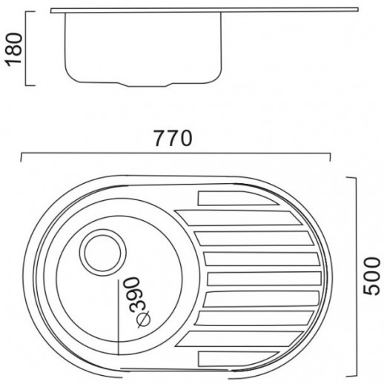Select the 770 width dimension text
[x=175, y=138]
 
